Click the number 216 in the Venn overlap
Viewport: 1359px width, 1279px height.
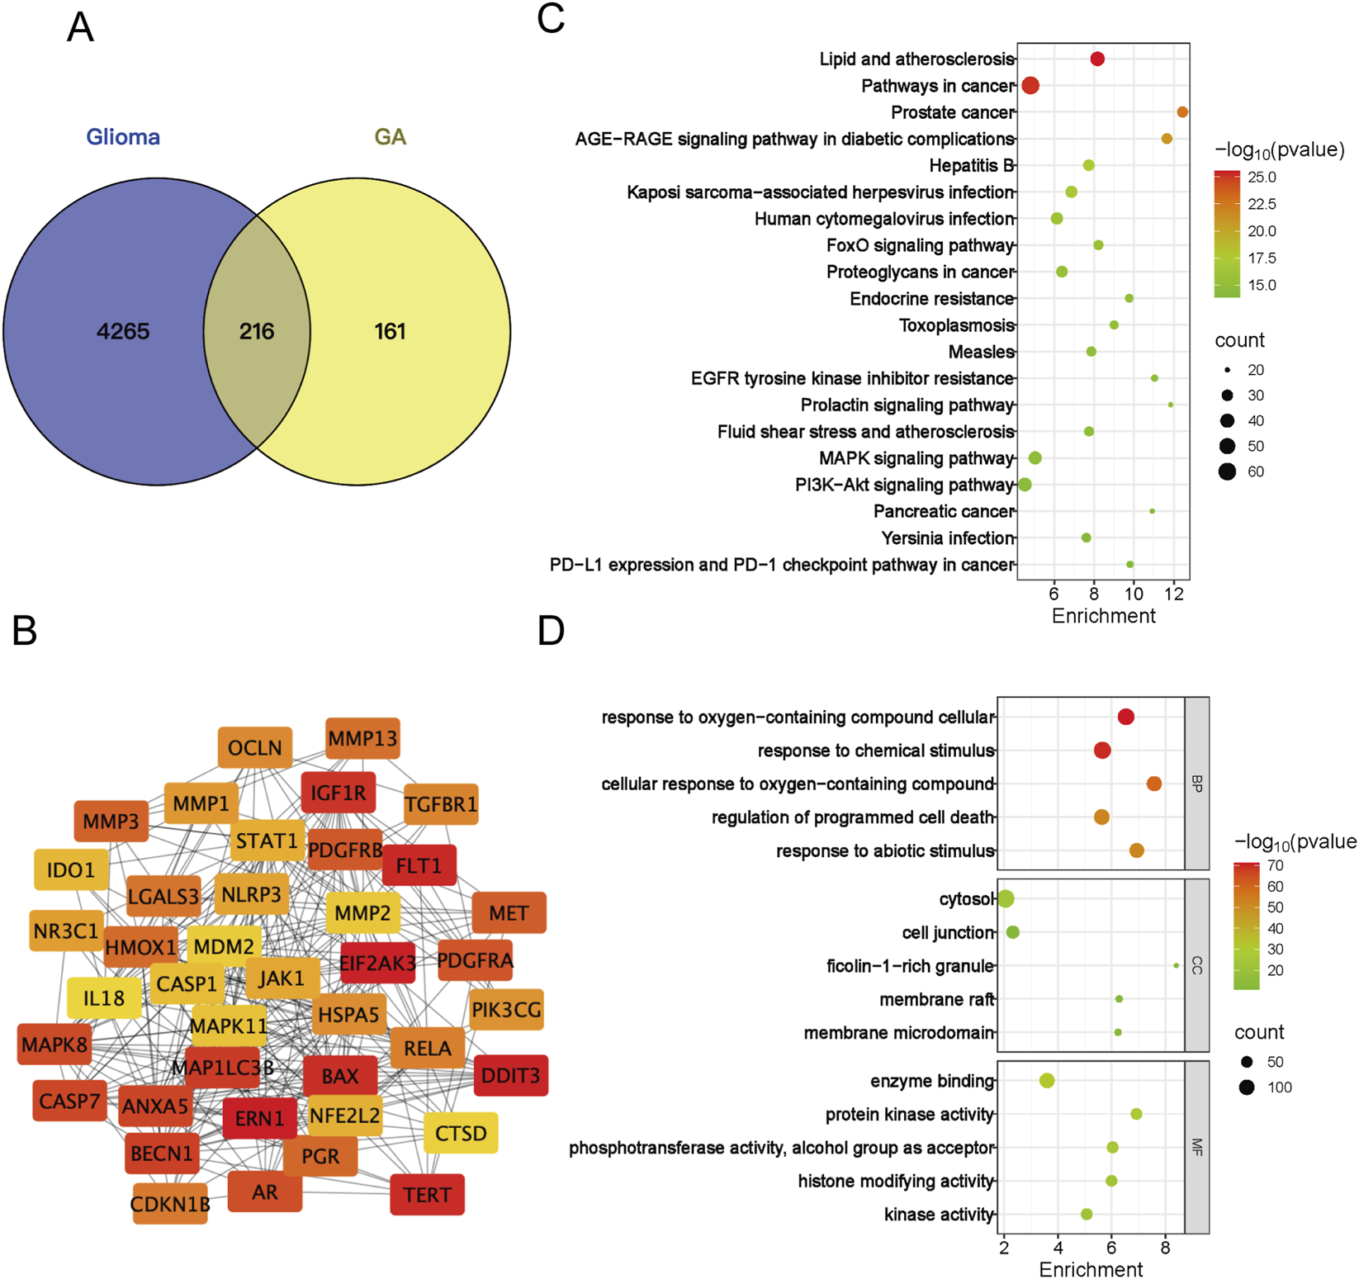[257, 332]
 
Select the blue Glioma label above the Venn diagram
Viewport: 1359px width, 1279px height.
[123, 137]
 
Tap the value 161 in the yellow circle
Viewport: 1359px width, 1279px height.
[390, 332]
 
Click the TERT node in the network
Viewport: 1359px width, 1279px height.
[427, 1195]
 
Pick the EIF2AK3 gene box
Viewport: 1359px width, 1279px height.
[377, 963]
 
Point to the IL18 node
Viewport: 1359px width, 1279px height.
[104, 998]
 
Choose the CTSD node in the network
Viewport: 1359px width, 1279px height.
[461, 1134]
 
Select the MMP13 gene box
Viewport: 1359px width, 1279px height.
[362, 738]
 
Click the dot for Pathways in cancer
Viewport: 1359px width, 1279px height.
[1030, 86]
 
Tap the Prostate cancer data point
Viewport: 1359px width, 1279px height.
[1182, 112]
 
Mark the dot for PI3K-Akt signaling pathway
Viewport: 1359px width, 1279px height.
[1025, 485]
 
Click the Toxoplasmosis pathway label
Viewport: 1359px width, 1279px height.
[956, 325]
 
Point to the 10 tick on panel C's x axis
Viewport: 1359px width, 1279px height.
[1134, 594]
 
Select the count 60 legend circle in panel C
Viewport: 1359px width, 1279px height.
[1228, 471]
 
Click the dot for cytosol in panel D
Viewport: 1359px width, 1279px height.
[1006, 898]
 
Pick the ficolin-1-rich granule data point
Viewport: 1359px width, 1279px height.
[1177, 965]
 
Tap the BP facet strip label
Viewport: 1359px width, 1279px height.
[1196, 783]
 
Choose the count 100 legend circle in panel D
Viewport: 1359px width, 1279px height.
[1247, 1087]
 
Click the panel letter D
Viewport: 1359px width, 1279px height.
[551, 631]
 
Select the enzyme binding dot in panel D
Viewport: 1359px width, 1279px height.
[1047, 1081]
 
